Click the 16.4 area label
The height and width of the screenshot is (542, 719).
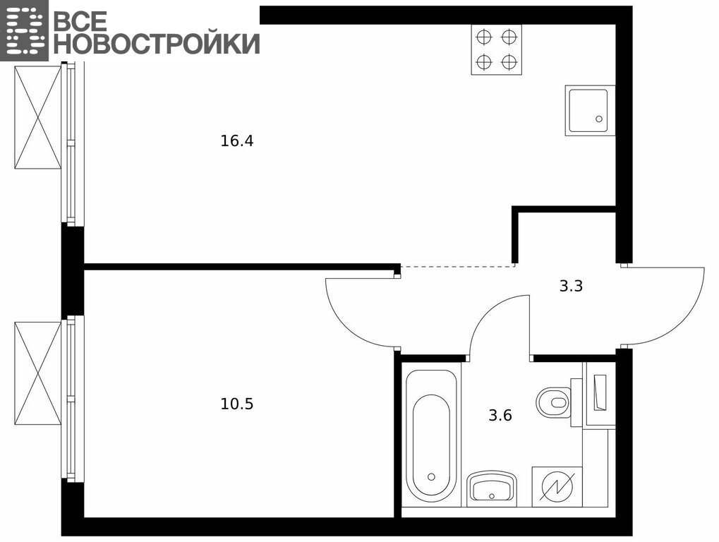236,140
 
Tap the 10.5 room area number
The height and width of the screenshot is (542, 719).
236,404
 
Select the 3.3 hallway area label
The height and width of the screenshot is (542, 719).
571,286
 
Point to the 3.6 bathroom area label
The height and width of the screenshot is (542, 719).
500,416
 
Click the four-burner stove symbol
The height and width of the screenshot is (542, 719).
497,49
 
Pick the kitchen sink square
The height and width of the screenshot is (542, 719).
590,110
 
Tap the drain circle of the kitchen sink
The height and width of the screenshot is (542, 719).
599,119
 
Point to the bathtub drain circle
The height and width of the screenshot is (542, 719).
431,476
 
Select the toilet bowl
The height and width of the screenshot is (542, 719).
554,402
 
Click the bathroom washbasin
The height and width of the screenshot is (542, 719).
492,487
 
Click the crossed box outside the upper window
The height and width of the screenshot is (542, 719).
37,117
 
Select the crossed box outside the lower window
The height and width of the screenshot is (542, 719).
37,373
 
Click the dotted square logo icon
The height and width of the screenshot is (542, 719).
24,30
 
